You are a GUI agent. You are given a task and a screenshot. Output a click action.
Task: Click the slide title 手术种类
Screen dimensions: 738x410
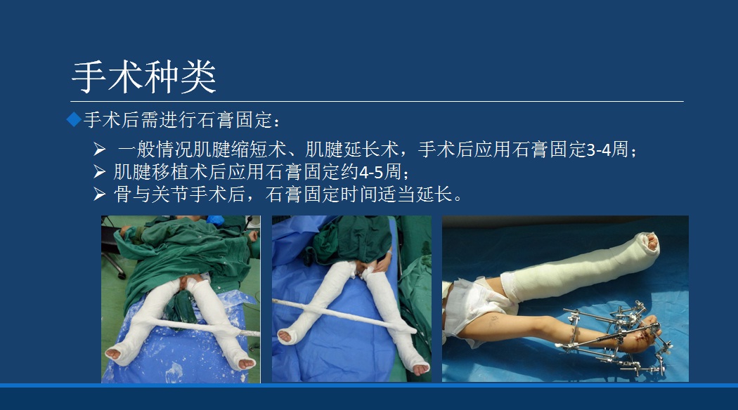click(144, 77)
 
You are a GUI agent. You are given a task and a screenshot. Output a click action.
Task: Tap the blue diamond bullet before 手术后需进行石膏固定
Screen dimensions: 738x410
click(74, 119)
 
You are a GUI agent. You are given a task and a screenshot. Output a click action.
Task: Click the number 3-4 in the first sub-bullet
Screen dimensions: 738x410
click(598, 150)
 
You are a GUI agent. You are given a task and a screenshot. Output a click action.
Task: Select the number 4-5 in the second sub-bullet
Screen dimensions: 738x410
click(371, 171)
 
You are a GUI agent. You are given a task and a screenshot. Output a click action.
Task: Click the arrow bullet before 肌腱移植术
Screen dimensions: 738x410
click(99, 171)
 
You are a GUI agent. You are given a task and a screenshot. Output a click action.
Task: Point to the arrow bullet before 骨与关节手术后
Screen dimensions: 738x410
click(99, 194)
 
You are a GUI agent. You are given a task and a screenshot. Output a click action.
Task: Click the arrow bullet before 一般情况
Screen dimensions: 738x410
click(99, 150)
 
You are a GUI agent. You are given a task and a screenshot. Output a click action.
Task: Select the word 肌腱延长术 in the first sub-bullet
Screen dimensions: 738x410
click(352, 150)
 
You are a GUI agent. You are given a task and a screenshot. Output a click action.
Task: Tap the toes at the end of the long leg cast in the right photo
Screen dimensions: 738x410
click(652, 241)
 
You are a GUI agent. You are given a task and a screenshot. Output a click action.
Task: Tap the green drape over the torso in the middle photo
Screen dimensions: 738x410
click(351, 242)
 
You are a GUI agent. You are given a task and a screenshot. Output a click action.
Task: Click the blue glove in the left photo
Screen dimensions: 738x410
click(214, 220)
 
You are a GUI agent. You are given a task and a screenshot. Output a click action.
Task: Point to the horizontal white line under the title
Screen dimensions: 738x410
click(377, 101)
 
